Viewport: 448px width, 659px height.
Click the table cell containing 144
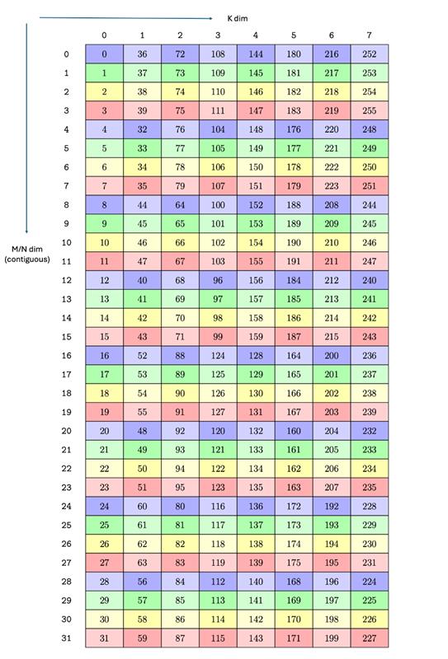(255, 54)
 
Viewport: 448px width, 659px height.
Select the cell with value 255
(369, 110)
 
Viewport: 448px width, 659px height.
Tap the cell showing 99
(218, 337)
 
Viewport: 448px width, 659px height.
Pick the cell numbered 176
(293, 129)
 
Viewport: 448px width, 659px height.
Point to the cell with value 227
(369, 638)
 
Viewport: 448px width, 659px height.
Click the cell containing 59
(142, 638)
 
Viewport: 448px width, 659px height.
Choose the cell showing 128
(255, 356)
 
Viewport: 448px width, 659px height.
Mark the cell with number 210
(331, 242)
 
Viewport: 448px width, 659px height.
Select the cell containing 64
(180, 204)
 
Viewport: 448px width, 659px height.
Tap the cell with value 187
(293, 337)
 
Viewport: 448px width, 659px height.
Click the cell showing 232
(369, 431)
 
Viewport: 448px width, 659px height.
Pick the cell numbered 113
(218, 601)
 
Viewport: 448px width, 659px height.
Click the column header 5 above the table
(293, 35)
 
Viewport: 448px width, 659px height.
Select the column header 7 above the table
(369, 35)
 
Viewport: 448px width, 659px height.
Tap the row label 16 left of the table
(66, 356)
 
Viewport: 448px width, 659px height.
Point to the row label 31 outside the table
(66, 638)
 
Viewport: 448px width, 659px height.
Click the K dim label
(238, 17)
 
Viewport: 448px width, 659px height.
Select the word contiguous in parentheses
(27, 259)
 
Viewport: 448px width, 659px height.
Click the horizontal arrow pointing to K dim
(124, 17)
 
